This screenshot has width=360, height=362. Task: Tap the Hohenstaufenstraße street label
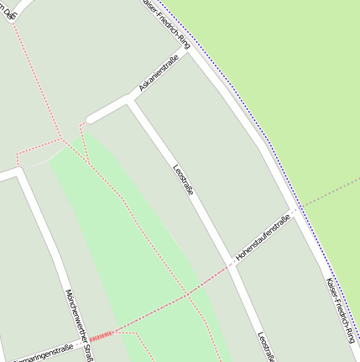(x=263, y=237)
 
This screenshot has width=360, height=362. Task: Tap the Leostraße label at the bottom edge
(x=267, y=347)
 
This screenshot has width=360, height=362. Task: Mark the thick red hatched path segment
(x=100, y=337)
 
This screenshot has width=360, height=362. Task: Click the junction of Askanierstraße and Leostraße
(x=131, y=101)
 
